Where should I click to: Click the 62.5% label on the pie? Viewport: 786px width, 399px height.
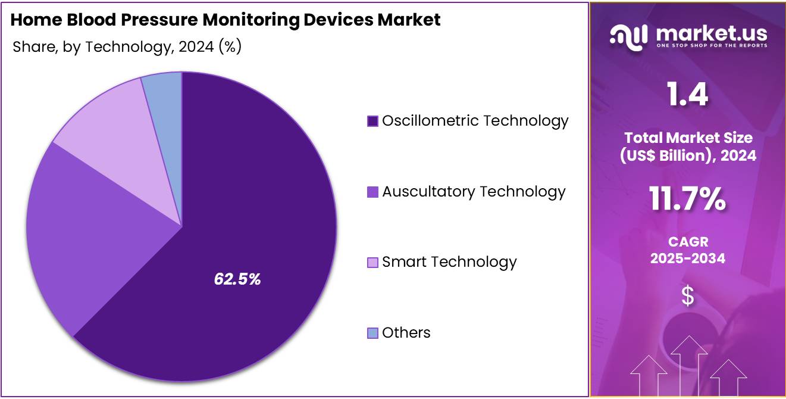coord(237,279)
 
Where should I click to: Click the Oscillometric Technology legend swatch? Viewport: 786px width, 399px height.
coord(373,121)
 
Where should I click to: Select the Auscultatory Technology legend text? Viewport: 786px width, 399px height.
coord(474,192)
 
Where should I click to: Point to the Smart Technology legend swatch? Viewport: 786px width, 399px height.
coord(373,263)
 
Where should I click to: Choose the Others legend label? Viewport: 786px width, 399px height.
coord(406,332)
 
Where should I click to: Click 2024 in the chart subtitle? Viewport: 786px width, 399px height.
coord(194,47)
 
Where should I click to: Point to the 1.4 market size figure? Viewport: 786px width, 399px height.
coord(687,95)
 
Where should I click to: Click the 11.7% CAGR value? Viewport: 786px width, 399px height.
coord(687,199)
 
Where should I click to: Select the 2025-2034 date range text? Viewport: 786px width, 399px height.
coord(687,258)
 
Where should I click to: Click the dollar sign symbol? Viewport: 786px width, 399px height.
coord(687,296)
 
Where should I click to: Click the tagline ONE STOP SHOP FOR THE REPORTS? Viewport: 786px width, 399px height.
coord(712,46)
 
